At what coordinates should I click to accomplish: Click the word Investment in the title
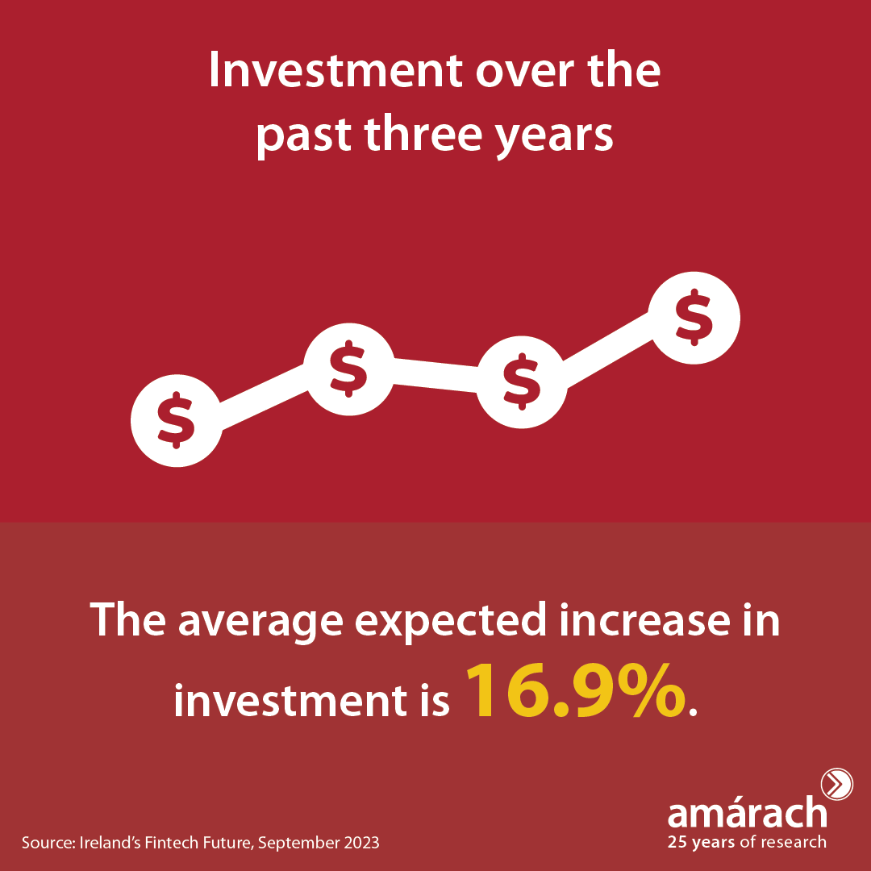click(335, 70)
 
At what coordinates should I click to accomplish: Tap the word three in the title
click(423, 134)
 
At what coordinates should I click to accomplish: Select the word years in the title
click(554, 139)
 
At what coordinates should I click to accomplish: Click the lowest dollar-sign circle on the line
click(177, 420)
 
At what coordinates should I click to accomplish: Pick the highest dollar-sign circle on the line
click(694, 318)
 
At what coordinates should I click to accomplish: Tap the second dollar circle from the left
click(349, 369)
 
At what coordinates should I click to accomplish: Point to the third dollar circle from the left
click(522, 381)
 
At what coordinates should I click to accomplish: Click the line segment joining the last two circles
click(608, 349)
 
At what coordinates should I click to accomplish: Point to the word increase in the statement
click(644, 619)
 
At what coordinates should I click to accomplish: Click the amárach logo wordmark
click(747, 813)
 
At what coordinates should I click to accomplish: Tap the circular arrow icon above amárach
click(836, 785)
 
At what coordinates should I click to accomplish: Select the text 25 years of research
click(747, 842)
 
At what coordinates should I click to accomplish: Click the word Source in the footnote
click(48, 843)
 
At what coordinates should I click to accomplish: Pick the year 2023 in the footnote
click(361, 843)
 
